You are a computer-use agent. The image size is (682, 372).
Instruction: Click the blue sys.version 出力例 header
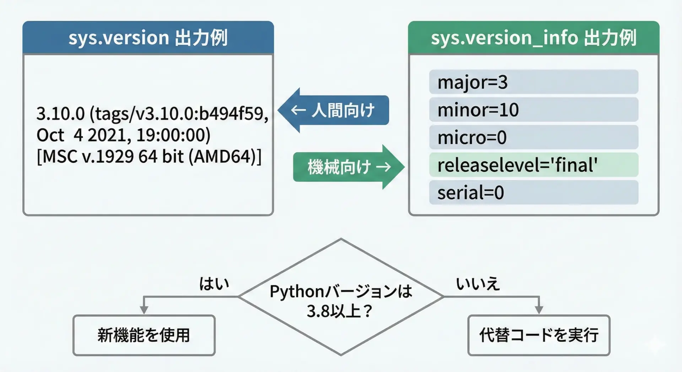(x=148, y=38)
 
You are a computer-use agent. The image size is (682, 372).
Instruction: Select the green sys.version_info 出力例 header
(x=534, y=38)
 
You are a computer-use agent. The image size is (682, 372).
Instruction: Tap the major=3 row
(x=534, y=82)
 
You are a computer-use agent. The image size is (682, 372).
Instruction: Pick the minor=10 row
(x=534, y=110)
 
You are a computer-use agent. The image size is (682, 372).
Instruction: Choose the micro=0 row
(x=534, y=138)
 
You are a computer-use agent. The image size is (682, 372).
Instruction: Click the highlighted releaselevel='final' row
(x=534, y=165)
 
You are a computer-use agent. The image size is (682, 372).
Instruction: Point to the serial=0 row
(x=534, y=193)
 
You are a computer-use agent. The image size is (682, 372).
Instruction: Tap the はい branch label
(x=214, y=284)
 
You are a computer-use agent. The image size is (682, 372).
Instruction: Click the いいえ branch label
(x=478, y=284)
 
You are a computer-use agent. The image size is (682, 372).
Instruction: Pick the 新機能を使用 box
(x=144, y=335)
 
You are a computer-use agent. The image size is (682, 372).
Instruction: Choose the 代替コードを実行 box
(x=538, y=335)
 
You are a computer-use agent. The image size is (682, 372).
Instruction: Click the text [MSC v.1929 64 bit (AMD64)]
(x=149, y=156)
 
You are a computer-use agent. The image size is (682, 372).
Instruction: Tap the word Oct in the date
(x=50, y=135)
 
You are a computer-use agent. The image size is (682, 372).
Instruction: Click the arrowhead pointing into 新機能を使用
(x=144, y=310)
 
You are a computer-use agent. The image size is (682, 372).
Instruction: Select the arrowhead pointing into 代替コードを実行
(x=539, y=310)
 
